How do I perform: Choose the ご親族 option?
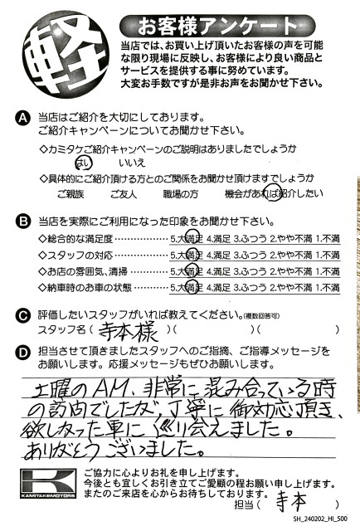pyautogui.click(x=70, y=194)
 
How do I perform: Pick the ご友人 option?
pyautogui.click(x=124, y=194)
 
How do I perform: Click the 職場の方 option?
pyautogui.click(x=182, y=194)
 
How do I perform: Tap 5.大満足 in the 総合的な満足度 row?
pyautogui.click(x=187, y=239)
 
